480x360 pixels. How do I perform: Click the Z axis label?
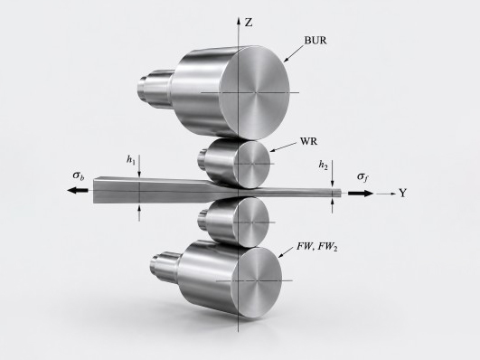[x=249, y=23]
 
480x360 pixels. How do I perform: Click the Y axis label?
[x=403, y=193]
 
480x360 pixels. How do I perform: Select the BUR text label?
[x=315, y=40]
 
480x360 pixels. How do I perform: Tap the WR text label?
[x=308, y=141]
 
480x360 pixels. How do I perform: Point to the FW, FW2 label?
[x=317, y=247]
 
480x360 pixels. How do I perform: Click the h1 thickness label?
[x=131, y=159]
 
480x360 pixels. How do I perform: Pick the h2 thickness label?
[x=323, y=165]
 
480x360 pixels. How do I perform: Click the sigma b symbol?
[x=79, y=175]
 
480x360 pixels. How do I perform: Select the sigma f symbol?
[x=362, y=176]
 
